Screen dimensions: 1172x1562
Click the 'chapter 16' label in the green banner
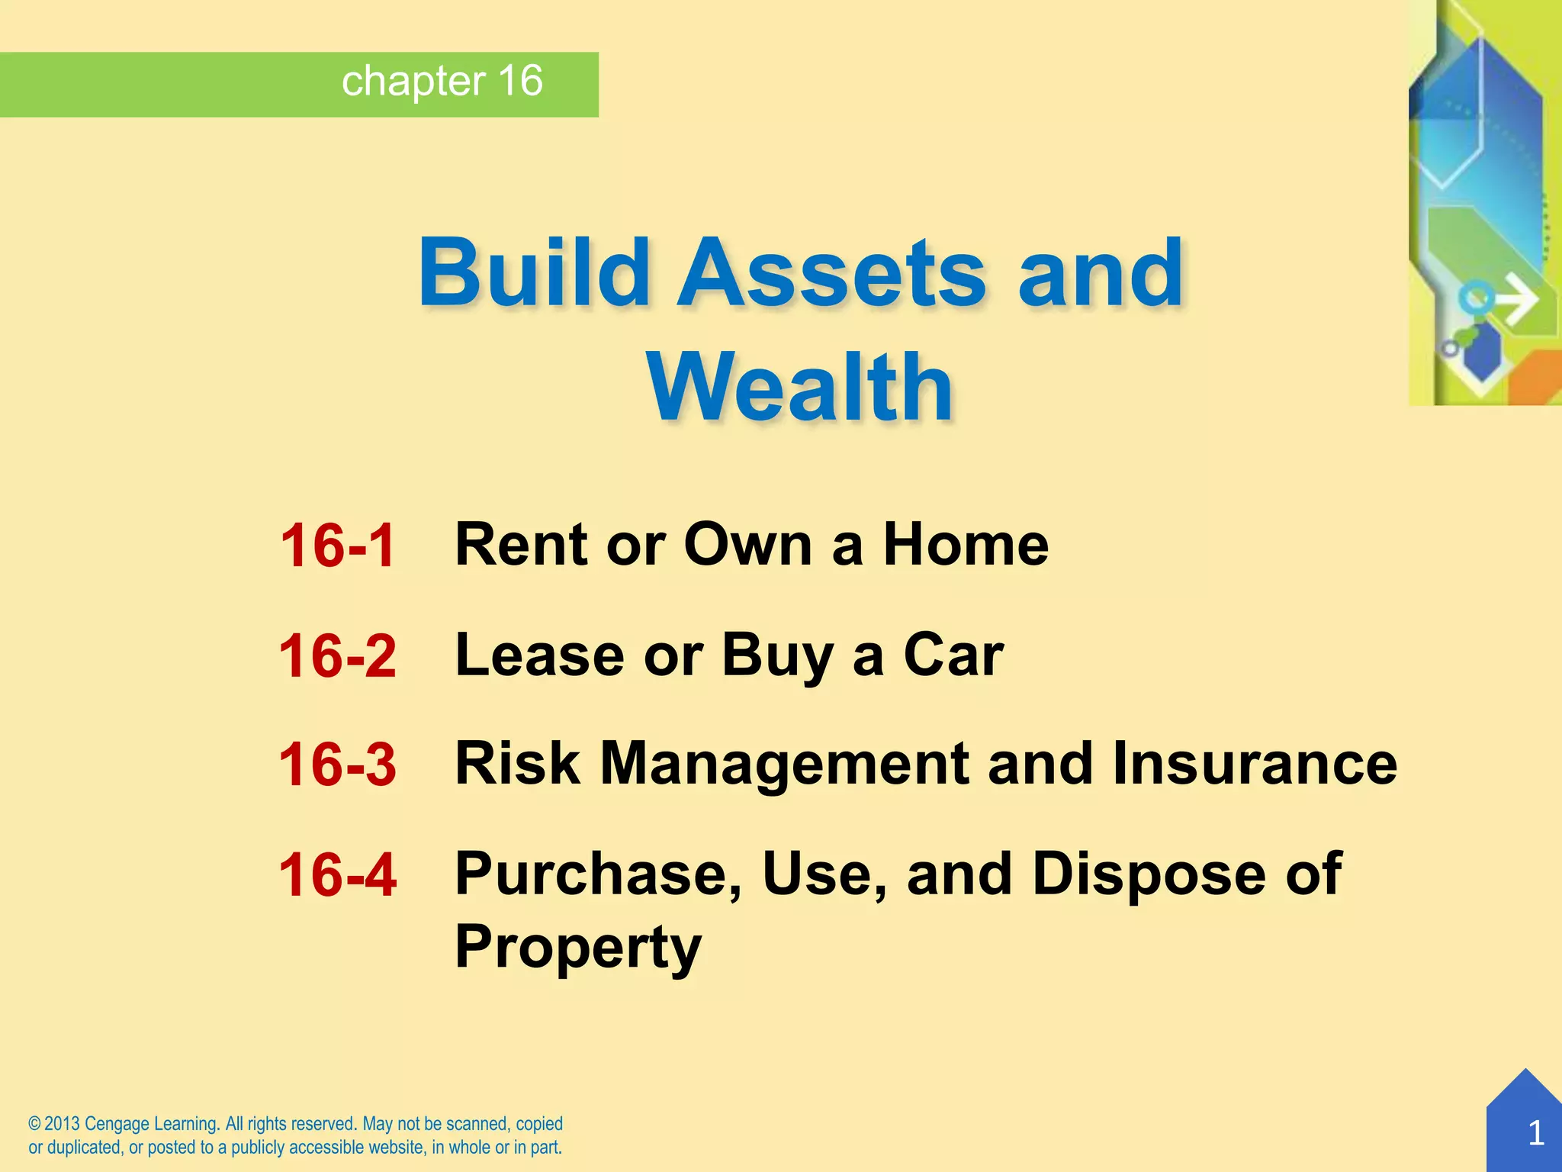pos(442,81)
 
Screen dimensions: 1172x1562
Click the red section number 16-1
pos(337,546)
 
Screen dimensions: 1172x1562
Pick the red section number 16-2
pos(337,656)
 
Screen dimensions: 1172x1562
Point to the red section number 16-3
pos(337,765)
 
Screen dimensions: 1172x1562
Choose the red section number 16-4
pos(337,874)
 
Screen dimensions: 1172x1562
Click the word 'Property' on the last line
pos(577,947)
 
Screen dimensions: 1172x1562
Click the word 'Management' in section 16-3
pos(784,765)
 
